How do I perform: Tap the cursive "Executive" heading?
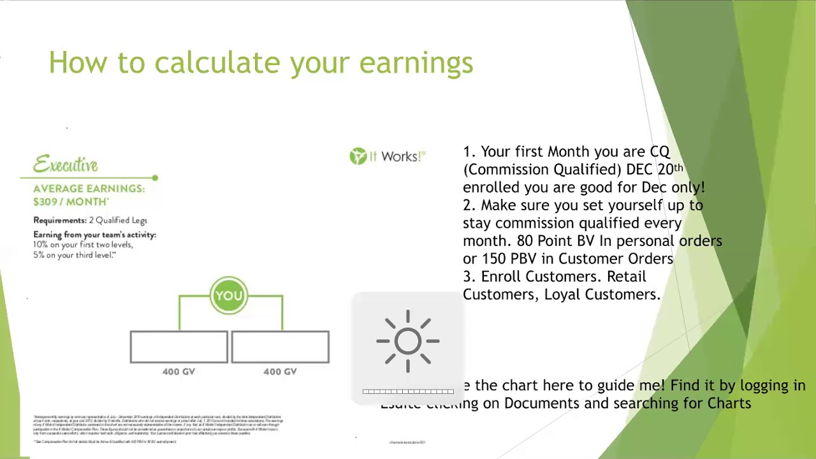coord(66,164)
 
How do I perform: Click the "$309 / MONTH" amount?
coord(70,201)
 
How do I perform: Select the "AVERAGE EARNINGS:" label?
coord(89,189)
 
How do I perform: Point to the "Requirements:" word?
coord(59,220)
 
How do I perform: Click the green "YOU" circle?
coord(229,295)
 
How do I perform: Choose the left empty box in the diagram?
coord(178,347)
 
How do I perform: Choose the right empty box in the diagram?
coord(280,347)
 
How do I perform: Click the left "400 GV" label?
coord(178,372)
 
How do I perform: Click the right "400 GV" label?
coord(280,372)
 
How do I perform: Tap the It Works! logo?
coord(387,156)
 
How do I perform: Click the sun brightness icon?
coord(408,341)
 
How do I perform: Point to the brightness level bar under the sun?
coord(408,391)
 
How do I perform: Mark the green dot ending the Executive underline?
coord(155,178)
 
